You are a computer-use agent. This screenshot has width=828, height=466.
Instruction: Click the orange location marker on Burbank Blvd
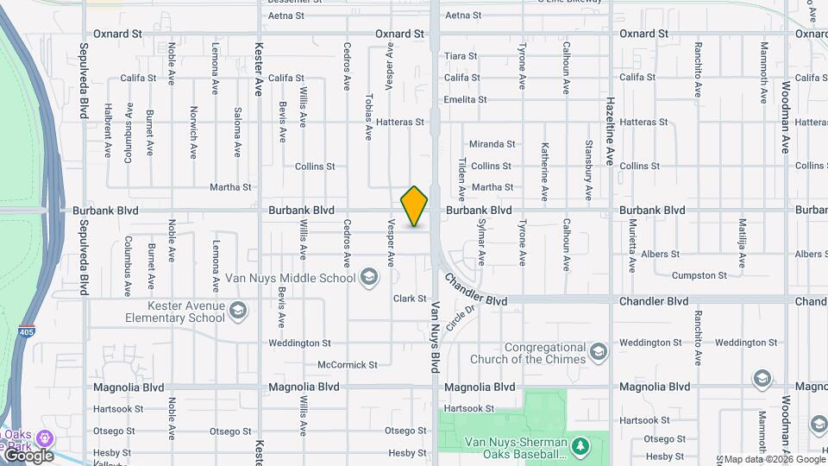(414, 206)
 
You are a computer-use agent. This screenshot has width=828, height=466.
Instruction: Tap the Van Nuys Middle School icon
(369, 277)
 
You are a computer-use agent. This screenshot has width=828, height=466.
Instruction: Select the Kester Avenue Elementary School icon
(239, 310)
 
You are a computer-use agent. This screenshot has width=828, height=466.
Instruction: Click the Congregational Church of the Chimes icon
(599, 352)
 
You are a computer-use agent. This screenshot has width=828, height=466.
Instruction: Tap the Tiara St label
(461, 56)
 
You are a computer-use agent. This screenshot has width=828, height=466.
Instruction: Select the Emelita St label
(465, 99)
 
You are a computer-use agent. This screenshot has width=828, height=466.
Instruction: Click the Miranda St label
(492, 144)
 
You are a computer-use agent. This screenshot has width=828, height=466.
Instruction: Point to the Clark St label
(410, 299)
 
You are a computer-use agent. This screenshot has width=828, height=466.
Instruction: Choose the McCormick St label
(348, 365)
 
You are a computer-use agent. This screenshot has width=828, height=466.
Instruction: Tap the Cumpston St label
(699, 275)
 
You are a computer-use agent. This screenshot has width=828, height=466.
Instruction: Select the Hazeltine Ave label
(610, 131)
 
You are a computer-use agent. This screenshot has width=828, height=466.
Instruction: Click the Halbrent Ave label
(108, 130)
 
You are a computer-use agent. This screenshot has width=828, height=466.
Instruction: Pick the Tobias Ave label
(368, 116)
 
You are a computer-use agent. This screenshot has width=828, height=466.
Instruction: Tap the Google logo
(28, 456)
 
